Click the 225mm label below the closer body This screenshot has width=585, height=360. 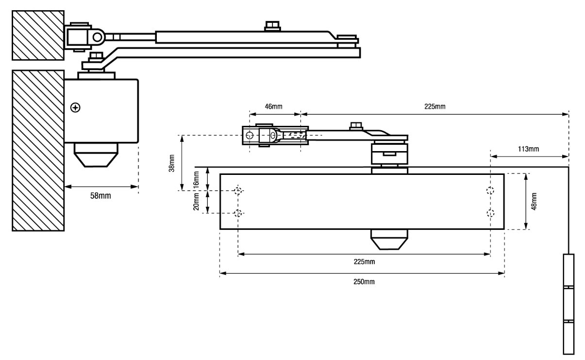click(x=364, y=262)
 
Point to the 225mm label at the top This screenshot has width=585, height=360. click(x=435, y=106)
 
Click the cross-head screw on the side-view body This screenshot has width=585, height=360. click(x=76, y=107)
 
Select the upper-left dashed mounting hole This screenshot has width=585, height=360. click(x=238, y=190)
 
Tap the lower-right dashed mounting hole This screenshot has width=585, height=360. click(x=491, y=213)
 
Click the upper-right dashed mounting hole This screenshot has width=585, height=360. click(x=491, y=190)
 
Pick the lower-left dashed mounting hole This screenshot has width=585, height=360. click(x=238, y=213)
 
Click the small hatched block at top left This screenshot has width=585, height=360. click(x=38, y=35)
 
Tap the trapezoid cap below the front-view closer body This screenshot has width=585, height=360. click(x=388, y=239)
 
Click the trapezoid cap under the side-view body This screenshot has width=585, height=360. click(x=96, y=154)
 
